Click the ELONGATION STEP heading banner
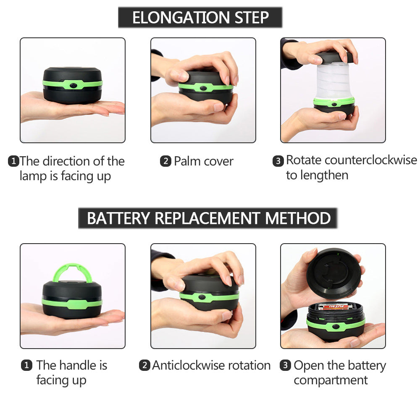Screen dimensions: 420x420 (x=200, y=18)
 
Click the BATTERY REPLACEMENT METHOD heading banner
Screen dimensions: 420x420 (x=208, y=218)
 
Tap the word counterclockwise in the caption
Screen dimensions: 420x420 (x=371, y=160)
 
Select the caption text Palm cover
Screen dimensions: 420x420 (x=203, y=161)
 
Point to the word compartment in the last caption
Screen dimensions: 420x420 (x=330, y=381)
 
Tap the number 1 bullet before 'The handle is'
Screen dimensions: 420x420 (x=26, y=365)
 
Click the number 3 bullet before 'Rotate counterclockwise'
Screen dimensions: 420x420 (x=278, y=161)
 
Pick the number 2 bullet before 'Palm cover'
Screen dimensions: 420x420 (x=165, y=161)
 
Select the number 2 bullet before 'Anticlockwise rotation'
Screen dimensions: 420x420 (x=144, y=365)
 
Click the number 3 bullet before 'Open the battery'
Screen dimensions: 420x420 (x=285, y=365)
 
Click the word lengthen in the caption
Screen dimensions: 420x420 (x=317, y=175)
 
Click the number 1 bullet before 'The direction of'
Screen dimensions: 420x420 (x=13, y=161)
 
